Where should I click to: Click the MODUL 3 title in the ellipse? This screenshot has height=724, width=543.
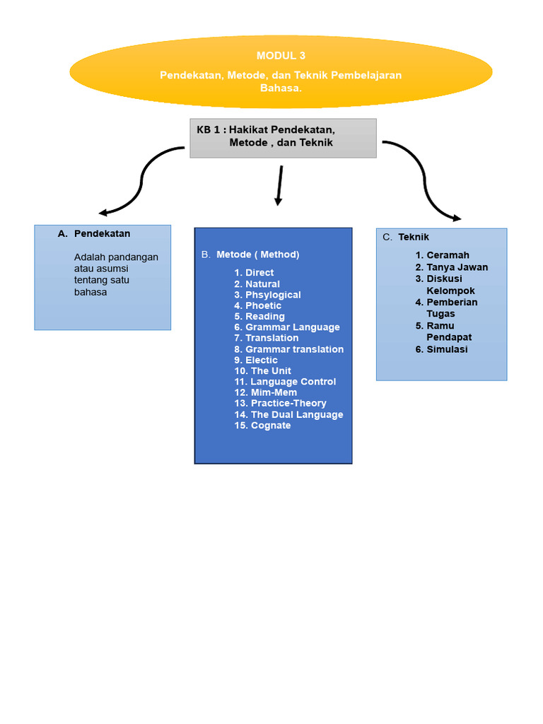[x=281, y=55]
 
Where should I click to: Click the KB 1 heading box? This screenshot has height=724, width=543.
[x=283, y=137]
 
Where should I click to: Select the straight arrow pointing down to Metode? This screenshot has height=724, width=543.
[x=280, y=185]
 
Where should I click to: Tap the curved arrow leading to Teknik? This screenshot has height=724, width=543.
[x=424, y=177]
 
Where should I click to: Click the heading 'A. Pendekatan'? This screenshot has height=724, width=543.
[x=102, y=233]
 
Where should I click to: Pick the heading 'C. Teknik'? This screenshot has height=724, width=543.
[x=413, y=238]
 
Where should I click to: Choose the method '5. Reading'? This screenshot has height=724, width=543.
[x=259, y=317]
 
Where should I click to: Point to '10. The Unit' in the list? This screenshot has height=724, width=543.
[x=262, y=371]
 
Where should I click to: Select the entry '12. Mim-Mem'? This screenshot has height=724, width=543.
[x=266, y=392]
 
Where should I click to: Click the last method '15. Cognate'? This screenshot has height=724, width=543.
[x=262, y=426]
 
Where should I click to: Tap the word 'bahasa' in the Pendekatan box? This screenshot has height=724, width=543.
[x=90, y=292]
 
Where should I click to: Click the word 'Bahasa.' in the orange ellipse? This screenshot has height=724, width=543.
[x=281, y=88]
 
